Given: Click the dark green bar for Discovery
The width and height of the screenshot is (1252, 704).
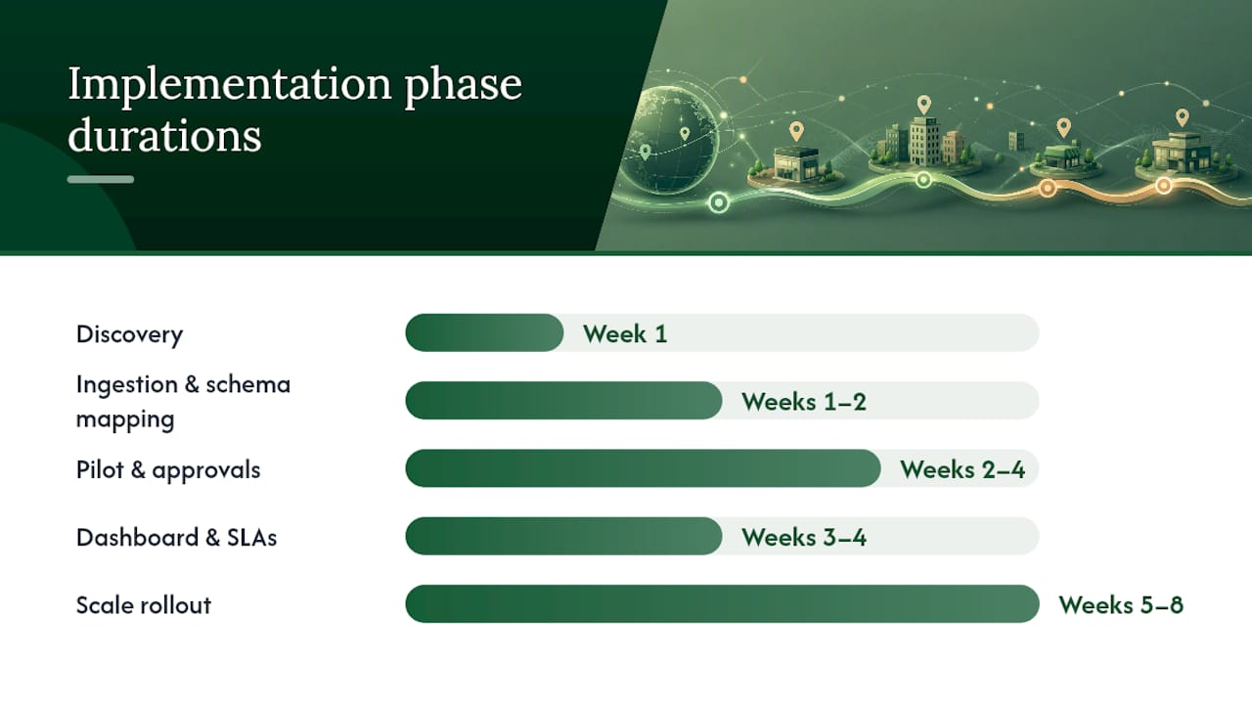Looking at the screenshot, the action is [484, 333].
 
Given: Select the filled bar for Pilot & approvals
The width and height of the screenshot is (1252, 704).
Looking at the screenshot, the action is [643, 468].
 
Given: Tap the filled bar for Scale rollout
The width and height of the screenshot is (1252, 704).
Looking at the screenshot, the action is [722, 604].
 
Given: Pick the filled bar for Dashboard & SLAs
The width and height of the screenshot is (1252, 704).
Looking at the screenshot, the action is [563, 537].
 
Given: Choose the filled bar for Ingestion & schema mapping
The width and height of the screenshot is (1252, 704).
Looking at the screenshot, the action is [563, 401].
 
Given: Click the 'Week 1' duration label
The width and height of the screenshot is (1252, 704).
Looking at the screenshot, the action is [625, 334].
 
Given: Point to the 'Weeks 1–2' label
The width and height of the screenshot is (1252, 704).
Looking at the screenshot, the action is [804, 402].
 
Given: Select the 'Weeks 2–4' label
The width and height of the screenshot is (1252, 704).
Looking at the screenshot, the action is [962, 469].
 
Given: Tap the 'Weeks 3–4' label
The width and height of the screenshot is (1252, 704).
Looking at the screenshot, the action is [804, 538].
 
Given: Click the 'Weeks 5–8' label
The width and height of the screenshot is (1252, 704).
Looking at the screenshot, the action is [1121, 605].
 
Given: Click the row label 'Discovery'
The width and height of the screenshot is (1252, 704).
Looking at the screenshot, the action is [130, 335].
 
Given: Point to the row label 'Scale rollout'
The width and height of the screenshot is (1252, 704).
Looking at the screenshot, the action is [144, 605].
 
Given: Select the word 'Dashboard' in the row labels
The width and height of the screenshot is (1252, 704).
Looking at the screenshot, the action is [137, 538].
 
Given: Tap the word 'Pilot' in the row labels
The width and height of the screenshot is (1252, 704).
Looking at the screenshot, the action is [100, 469].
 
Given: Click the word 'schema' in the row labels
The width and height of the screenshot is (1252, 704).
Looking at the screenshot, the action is [248, 384].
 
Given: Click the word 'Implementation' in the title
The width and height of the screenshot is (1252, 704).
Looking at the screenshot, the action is [230, 85].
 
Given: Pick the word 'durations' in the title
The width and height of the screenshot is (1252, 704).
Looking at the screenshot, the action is [164, 135].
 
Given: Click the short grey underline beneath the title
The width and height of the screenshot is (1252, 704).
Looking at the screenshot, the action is [101, 179].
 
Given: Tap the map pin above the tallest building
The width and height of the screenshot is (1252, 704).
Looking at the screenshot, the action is [924, 105].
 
